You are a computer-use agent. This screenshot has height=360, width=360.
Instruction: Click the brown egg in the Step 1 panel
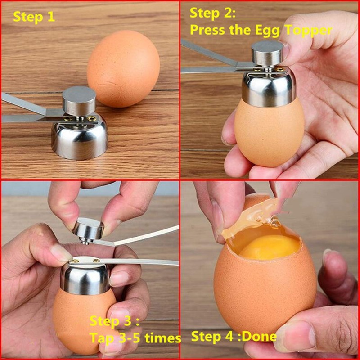123,68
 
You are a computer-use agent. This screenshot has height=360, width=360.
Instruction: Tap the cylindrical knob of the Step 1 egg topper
79,100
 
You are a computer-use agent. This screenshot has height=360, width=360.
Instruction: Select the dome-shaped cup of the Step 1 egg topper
80,139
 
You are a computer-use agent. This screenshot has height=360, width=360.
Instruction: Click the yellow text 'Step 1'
34,17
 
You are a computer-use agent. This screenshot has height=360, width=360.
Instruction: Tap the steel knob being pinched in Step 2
267,54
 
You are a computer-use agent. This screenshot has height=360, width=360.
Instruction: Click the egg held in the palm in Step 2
269,133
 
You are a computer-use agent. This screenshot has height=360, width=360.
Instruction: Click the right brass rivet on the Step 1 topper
92,118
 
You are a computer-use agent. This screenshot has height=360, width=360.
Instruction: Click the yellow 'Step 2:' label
212,13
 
